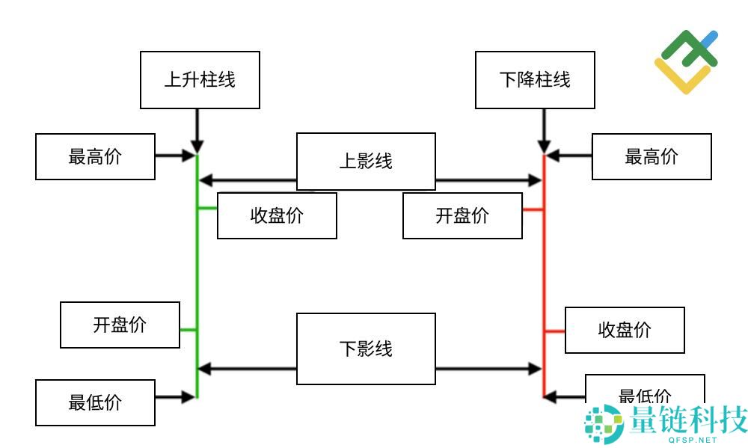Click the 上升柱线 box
pyautogui.click(x=200, y=80)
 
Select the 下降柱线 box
pyautogui.click(x=535, y=80)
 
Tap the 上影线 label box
pyautogui.click(x=366, y=161)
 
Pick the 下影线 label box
pyautogui.click(x=366, y=349)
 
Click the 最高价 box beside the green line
pyautogui.click(x=95, y=157)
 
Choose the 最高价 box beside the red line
pyautogui.click(x=652, y=157)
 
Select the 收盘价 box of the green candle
pyautogui.click(x=277, y=216)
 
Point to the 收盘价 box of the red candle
pyautogui.click(x=625, y=330)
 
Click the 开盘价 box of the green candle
pyautogui.click(x=120, y=325)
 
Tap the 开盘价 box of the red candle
pyautogui.click(x=462, y=216)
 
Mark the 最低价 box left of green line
pyautogui.click(x=95, y=402)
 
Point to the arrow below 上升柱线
pyautogui.click(x=197, y=132)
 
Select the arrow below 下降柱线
pyautogui.click(x=544, y=132)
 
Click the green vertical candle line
pyautogui.click(x=197, y=277)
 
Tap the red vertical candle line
pyautogui.click(x=544, y=277)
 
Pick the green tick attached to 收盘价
pyautogui.click(x=207, y=209)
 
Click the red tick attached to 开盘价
pyautogui.click(x=533, y=210)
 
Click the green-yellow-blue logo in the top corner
pyautogui.click(x=685, y=61)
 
